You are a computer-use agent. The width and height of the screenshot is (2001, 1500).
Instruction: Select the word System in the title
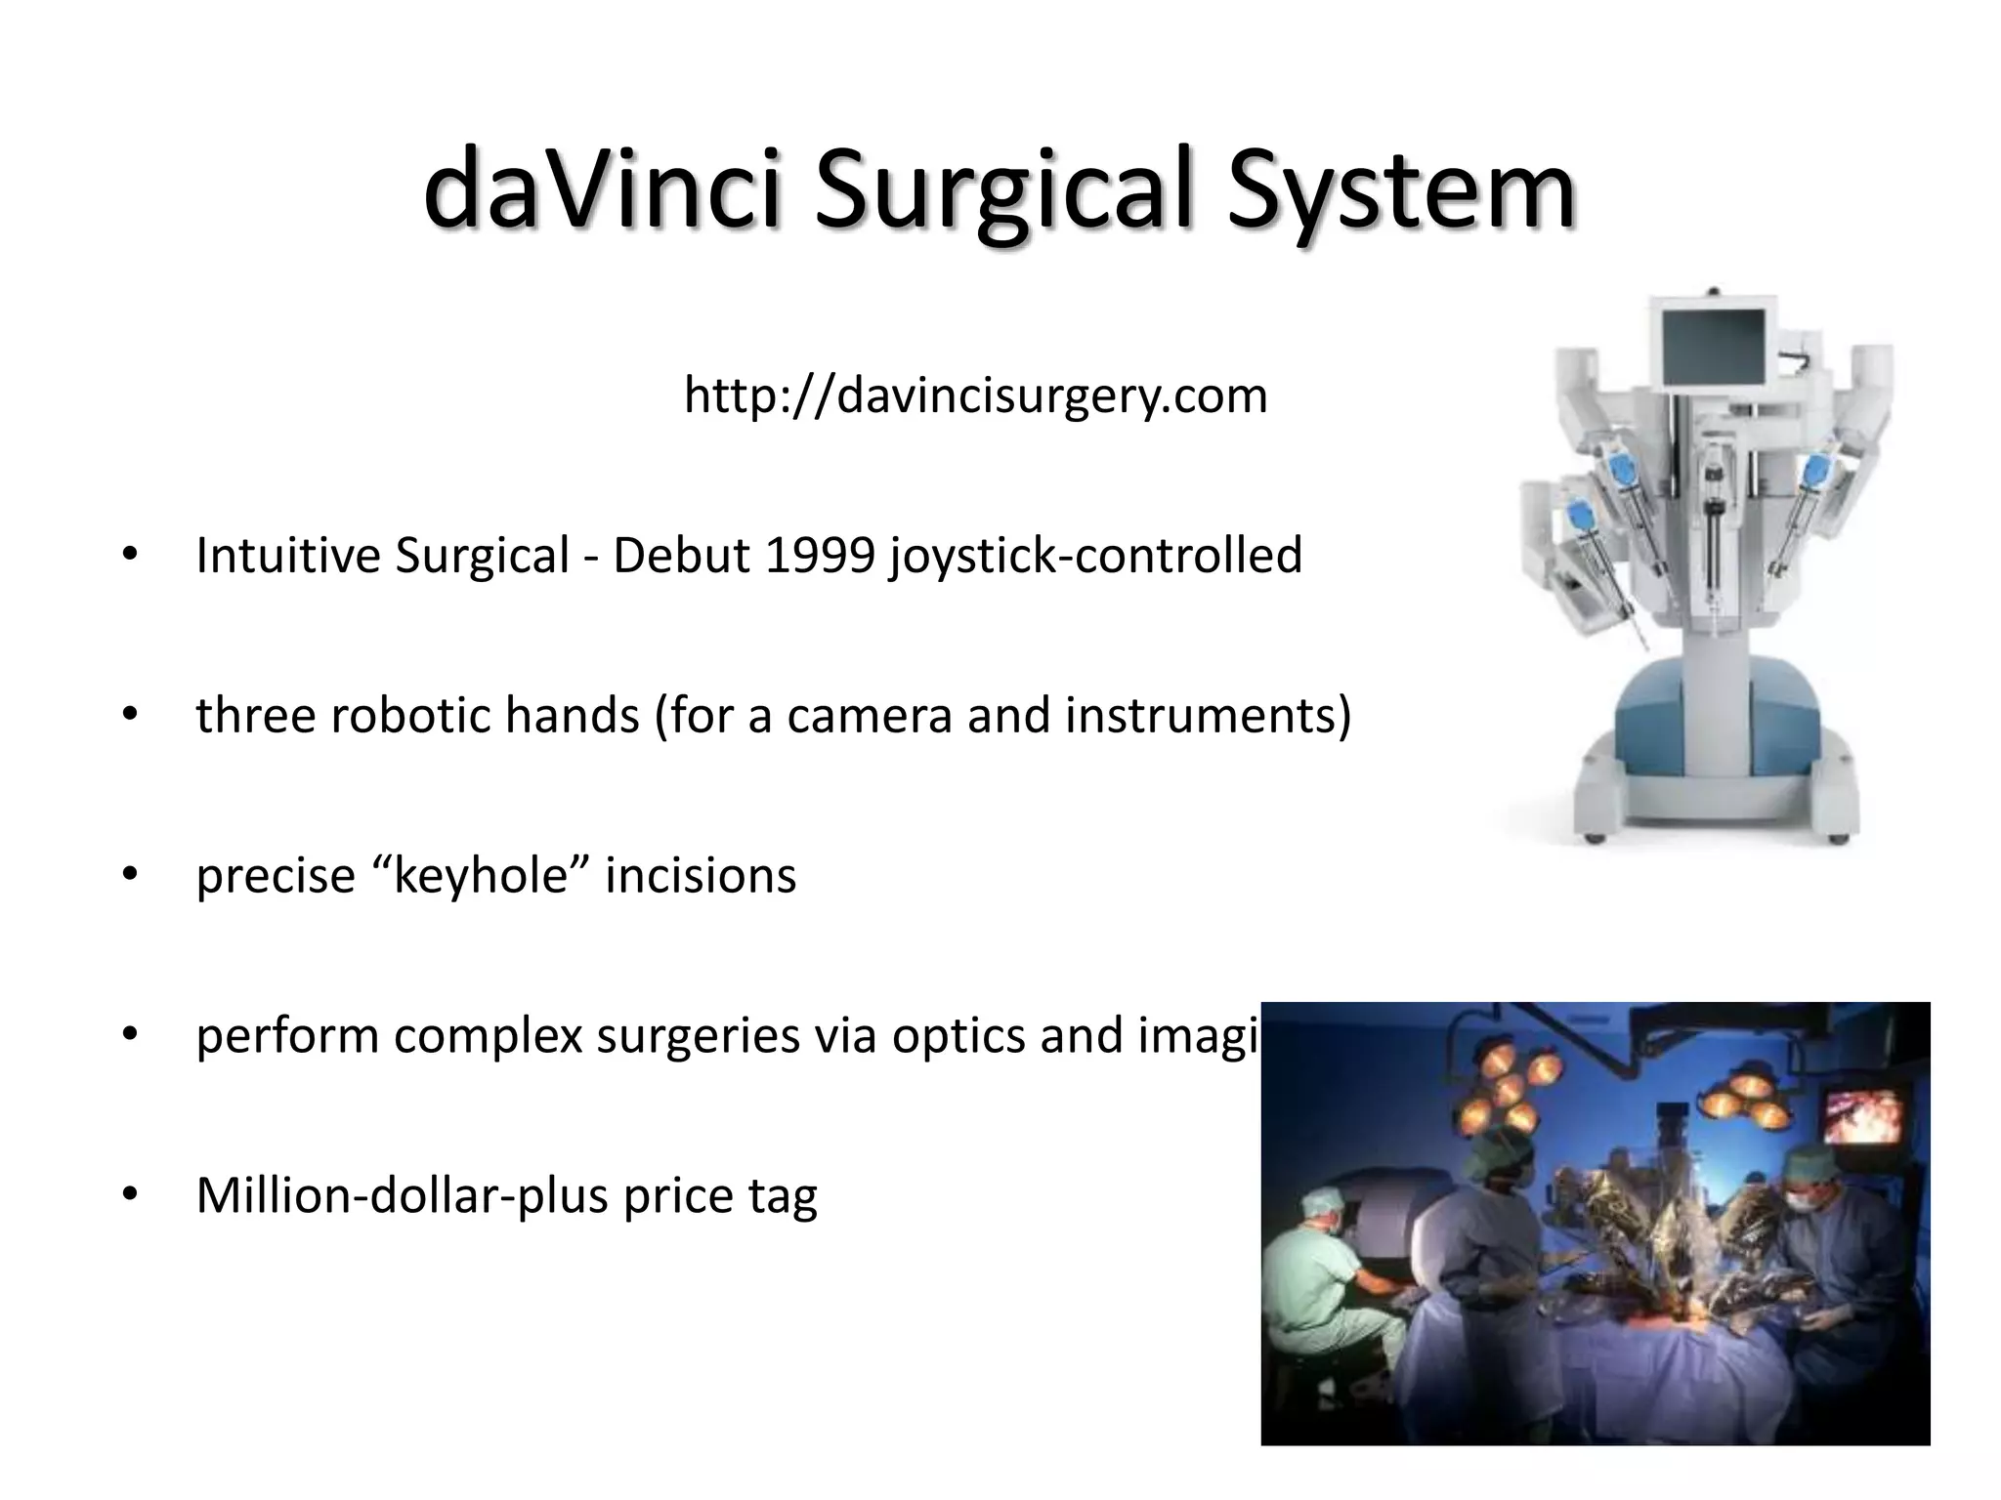point(1401,188)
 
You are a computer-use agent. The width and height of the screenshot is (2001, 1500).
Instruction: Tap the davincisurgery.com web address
point(975,396)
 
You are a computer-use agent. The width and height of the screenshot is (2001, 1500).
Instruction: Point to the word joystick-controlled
point(1095,556)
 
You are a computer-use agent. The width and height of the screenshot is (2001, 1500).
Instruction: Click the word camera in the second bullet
point(869,716)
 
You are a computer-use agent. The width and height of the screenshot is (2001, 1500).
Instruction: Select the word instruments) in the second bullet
point(1208,716)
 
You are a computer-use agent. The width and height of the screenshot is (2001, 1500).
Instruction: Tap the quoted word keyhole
point(480,876)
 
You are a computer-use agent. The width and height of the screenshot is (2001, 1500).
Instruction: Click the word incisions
point(701,876)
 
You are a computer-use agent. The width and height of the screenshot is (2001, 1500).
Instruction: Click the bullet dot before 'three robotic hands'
point(129,716)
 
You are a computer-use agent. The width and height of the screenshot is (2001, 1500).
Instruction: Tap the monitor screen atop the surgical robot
point(1713,348)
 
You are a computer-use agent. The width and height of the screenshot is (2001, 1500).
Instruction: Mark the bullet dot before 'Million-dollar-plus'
point(129,1196)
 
